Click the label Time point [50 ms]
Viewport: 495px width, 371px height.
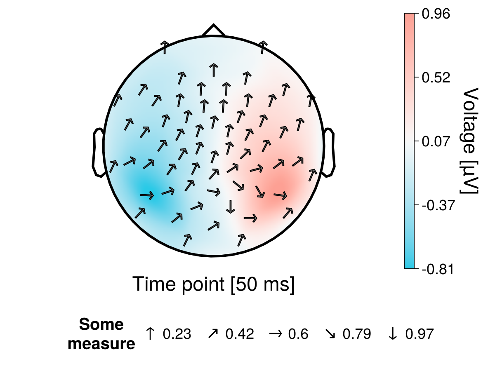[x=213, y=284]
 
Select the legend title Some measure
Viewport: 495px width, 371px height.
[x=101, y=334]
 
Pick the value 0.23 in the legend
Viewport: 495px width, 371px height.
[x=177, y=334]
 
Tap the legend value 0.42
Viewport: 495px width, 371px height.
[x=240, y=334]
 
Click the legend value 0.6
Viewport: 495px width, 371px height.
[x=298, y=334]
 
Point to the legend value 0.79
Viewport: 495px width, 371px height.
[x=357, y=334]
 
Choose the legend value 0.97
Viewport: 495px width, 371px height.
[x=420, y=334]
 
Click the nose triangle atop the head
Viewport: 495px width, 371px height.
[x=213, y=31]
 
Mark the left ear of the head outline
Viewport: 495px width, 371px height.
[x=98, y=153]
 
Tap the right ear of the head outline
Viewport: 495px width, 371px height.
[x=329, y=153]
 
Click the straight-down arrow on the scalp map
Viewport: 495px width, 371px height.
[x=231, y=207]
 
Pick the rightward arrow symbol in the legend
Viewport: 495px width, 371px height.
[x=274, y=334]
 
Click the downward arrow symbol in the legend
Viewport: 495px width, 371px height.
[x=393, y=334]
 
